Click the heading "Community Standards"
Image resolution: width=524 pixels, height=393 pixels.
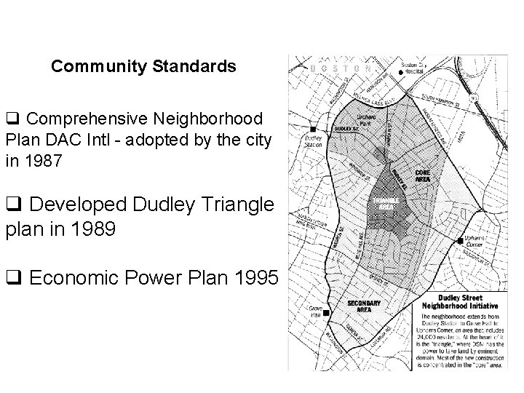pos(143,67)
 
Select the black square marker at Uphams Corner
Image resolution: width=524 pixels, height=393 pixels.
pos(460,239)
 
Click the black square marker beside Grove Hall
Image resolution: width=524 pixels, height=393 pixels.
pos(326,313)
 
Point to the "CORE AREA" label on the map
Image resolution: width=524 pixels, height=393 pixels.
pos(422,175)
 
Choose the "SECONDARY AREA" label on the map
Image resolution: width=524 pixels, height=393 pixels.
pos(360,306)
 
